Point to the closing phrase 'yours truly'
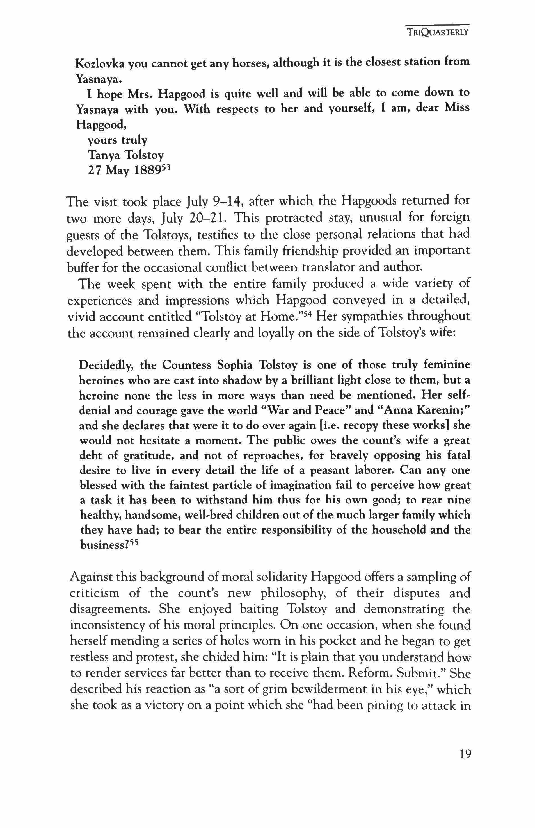click(x=117, y=140)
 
